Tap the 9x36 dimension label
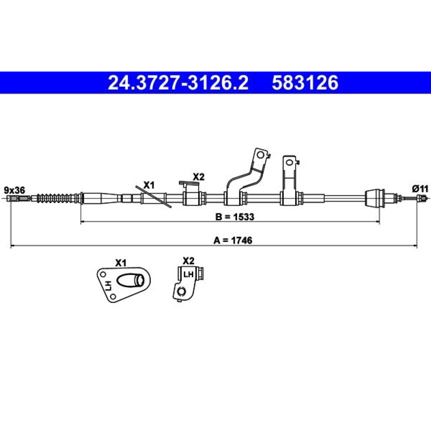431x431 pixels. point(15,190)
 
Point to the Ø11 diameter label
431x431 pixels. point(420,189)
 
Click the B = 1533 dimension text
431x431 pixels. point(235,217)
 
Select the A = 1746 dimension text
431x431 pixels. point(233,240)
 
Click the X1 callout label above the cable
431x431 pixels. point(149,185)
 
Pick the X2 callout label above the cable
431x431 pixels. point(198,177)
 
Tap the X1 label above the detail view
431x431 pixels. point(121,263)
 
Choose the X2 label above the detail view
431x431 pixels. point(189,261)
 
